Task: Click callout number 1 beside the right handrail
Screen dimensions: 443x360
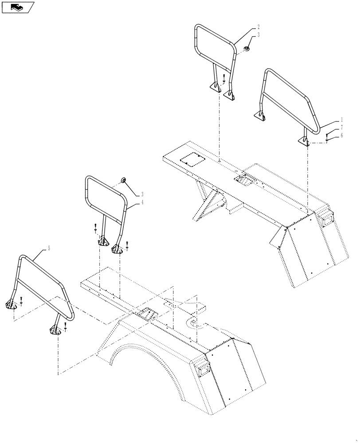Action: pyautogui.click(x=342, y=120)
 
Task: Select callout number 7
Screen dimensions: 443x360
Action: pyautogui.click(x=342, y=128)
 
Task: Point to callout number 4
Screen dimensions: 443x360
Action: pyautogui.click(x=142, y=202)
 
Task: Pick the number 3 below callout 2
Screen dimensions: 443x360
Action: pyautogui.click(x=258, y=35)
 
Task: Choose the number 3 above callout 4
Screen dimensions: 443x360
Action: pyautogui.click(x=142, y=194)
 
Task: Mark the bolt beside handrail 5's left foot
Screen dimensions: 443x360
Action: pyautogui.click(x=21, y=303)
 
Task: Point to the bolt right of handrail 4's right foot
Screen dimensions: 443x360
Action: pyautogui.click(x=127, y=244)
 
